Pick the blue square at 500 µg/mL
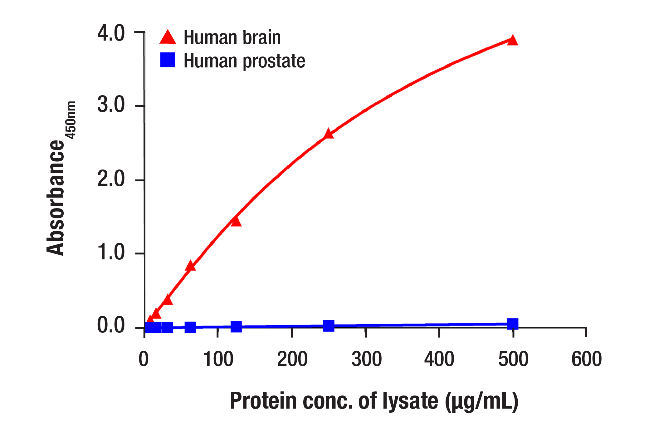click(x=513, y=324)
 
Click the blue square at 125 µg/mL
click(x=236, y=327)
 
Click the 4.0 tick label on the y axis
click(x=111, y=33)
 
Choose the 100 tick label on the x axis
click(x=218, y=359)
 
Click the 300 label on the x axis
click(x=366, y=359)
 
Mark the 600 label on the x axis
click(x=586, y=359)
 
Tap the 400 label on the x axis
click(x=439, y=359)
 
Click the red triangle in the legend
click(x=168, y=37)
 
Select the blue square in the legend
click(x=168, y=60)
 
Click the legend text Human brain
click(x=232, y=37)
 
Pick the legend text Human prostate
click(x=244, y=61)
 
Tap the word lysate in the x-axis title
click(x=410, y=401)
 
